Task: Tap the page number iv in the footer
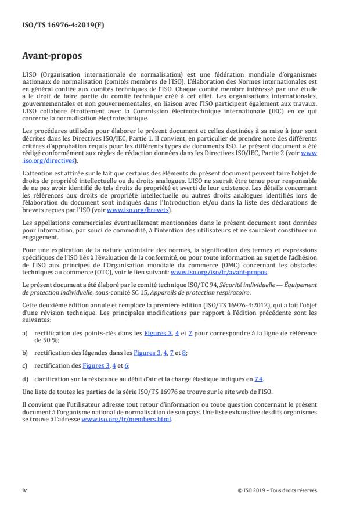click(24, 490)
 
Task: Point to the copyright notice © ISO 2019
click(278, 490)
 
